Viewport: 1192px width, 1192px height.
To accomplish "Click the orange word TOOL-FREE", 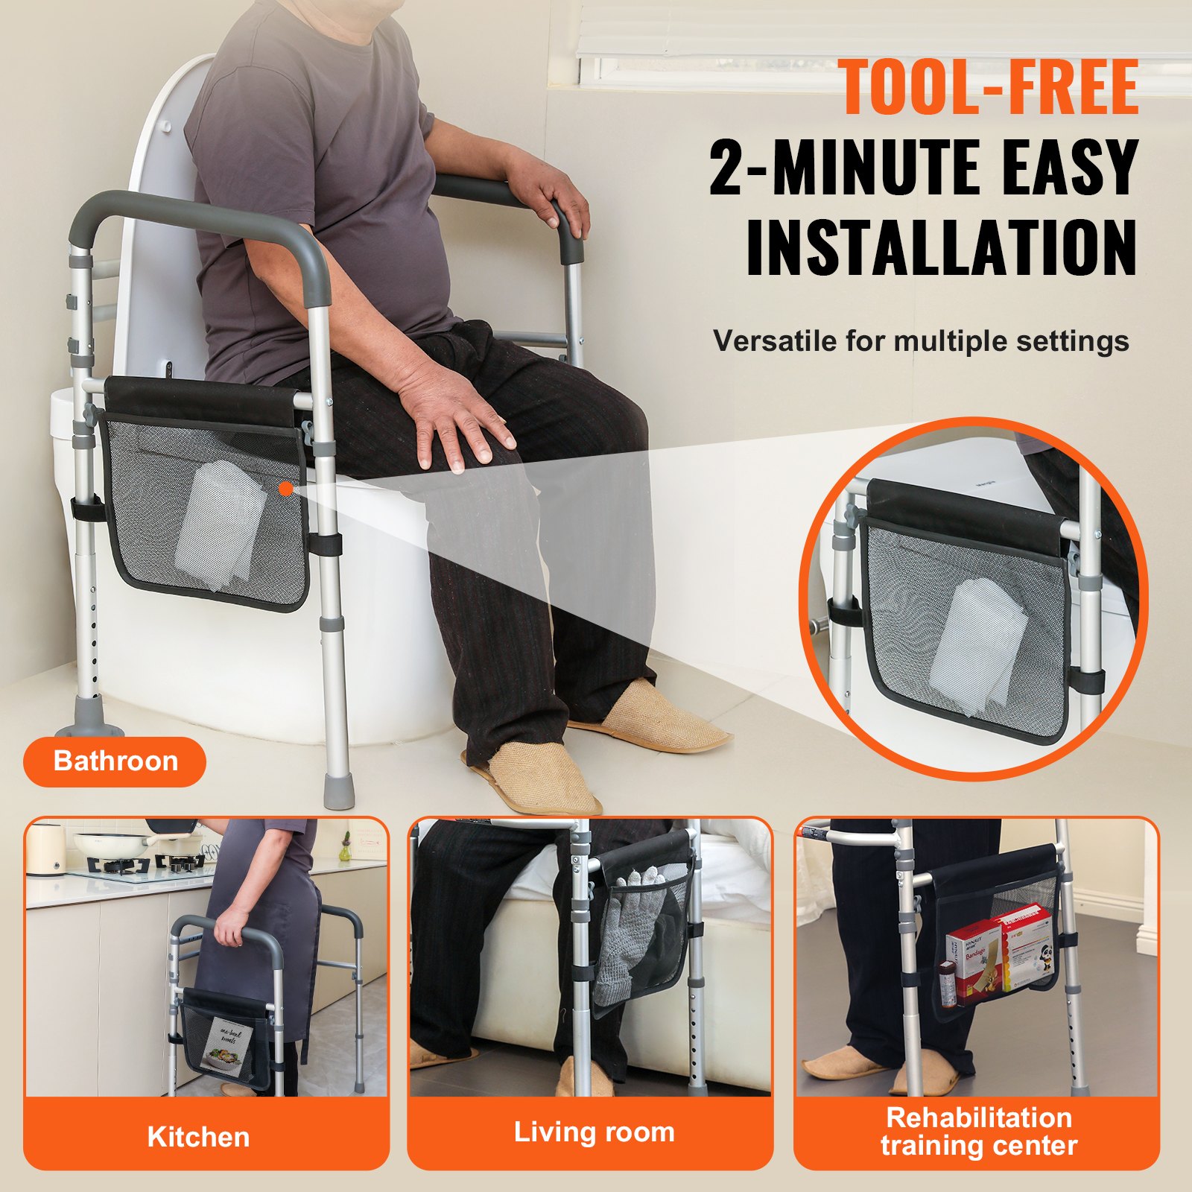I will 989,88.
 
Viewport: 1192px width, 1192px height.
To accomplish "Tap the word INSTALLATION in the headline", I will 942,248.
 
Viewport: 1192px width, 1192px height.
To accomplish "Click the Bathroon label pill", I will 115,761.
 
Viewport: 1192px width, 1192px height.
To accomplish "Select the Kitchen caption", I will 198,1137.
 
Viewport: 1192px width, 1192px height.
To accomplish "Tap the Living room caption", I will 594,1132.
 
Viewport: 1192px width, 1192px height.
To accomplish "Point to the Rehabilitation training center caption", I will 978,1131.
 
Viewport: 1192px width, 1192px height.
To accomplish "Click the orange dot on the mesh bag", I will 285,488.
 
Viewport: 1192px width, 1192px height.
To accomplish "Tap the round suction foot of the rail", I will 89,718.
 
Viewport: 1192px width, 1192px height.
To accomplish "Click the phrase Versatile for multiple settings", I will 921,341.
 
